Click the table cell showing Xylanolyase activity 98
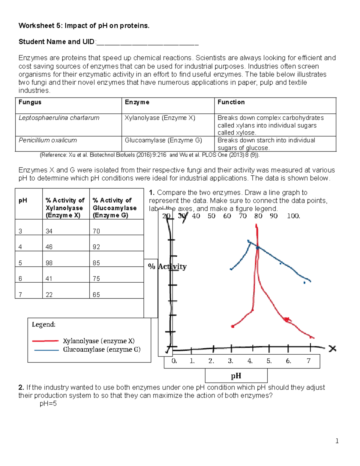click(49, 263)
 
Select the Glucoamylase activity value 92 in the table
click(96, 247)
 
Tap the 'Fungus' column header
click(30, 102)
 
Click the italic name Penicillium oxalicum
click(48, 140)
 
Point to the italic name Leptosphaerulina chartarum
click(59, 118)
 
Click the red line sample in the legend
click(45, 341)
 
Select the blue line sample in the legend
click(46, 350)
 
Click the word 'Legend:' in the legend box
click(43, 324)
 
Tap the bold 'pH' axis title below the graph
click(236, 376)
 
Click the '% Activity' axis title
click(167, 266)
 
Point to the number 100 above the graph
click(293, 216)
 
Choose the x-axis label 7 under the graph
click(308, 361)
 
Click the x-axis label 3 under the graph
click(230, 361)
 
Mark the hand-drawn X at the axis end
click(332, 349)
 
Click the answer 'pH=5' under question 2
click(48, 404)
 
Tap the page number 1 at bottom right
click(337, 441)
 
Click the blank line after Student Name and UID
click(147, 42)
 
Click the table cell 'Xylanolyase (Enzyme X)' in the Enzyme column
click(160, 118)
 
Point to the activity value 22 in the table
click(49, 295)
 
